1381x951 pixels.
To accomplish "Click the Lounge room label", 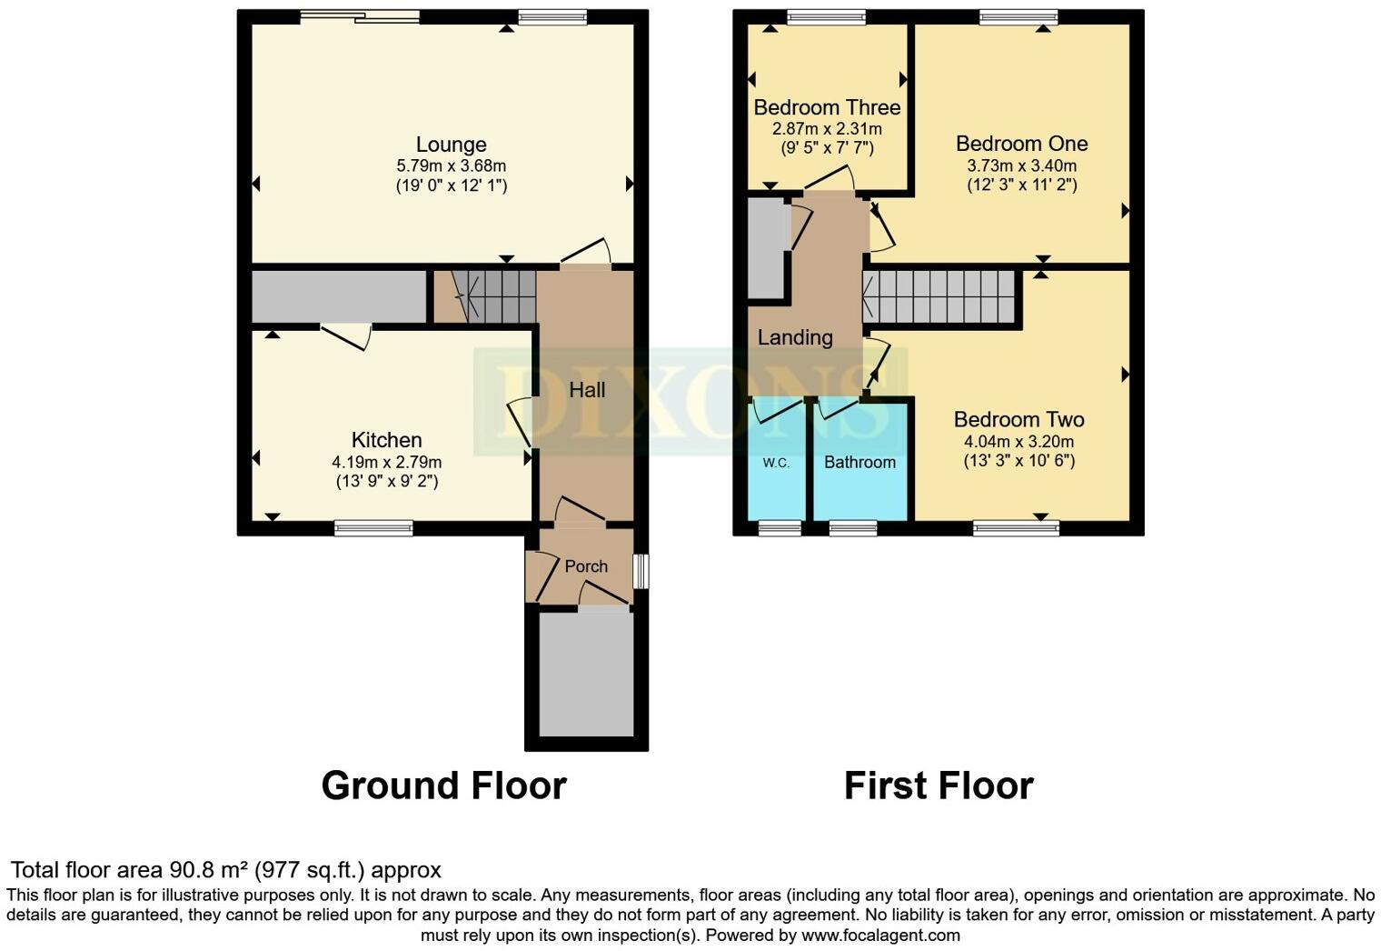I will coord(451,145).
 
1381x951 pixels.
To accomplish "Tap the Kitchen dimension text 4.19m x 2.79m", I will coord(386,462).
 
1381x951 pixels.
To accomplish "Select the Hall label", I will coord(587,390).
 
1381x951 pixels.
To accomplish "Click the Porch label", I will coord(586,566).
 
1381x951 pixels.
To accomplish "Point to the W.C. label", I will coord(775,463).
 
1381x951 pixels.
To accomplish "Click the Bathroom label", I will coord(859,462).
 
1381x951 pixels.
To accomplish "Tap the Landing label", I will coord(795,337).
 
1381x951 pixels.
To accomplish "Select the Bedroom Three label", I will coord(827,107).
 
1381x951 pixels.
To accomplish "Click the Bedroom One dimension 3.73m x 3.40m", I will coord(1021,165).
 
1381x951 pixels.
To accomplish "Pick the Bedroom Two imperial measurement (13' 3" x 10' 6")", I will coord(1018,460).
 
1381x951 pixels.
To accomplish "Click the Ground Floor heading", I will coord(443,786).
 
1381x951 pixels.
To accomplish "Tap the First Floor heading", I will coord(939,786).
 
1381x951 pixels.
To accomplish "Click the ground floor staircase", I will coord(495,296).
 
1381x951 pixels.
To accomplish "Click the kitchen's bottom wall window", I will coord(373,527).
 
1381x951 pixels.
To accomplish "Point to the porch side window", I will coord(641,571).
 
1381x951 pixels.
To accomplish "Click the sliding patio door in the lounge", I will coord(360,15).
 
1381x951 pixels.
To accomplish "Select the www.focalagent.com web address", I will coord(879,935).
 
